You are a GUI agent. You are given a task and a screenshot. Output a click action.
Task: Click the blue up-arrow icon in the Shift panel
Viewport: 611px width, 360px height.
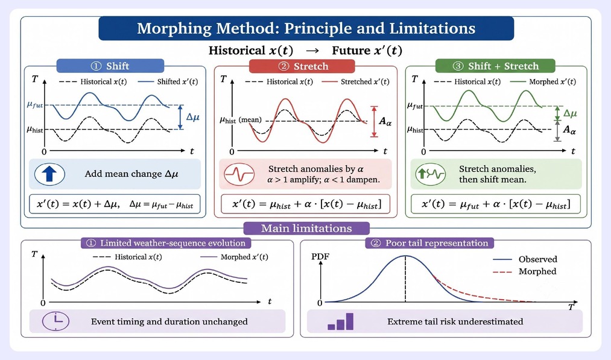click(49, 174)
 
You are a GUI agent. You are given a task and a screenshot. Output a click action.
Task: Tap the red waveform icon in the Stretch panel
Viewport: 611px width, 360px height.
click(239, 174)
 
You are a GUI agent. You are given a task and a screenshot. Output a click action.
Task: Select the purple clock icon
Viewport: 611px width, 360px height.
click(55, 321)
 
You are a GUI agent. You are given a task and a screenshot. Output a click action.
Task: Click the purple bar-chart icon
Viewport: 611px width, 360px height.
click(341, 321)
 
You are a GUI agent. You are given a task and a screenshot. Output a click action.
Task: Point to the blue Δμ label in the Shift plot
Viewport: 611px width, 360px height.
click(192, 117)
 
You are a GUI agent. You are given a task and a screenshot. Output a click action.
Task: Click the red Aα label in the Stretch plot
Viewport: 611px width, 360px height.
click(385, 121)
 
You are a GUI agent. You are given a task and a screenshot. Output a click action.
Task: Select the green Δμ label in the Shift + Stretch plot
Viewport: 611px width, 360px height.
click(570, 113)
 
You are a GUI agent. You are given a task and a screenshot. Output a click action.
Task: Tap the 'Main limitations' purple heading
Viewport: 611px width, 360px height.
click(306, 229)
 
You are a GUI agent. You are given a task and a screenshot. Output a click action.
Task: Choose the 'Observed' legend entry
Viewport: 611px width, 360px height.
click(525, 259)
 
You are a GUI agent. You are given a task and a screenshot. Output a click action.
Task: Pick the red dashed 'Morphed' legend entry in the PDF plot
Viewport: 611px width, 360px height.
click(525, 271)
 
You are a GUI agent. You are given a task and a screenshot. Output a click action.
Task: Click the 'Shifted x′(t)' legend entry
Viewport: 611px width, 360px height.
click(168, 82)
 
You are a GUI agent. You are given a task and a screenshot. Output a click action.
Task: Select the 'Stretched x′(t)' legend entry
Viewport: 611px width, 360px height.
click(356, 82)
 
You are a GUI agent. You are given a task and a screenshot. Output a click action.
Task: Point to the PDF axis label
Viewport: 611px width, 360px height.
click(320, 256)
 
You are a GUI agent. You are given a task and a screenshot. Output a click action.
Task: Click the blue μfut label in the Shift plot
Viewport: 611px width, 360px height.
click(35, 105)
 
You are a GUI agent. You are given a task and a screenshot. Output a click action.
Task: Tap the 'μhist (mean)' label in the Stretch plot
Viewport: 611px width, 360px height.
click(241, 120)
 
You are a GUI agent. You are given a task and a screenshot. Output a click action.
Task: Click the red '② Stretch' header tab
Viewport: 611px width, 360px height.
click(302, 66)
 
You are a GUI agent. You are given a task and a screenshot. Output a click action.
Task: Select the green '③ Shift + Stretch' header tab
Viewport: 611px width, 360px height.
click(495, 66)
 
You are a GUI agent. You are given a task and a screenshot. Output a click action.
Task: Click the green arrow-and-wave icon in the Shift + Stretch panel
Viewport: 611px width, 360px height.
click(431, 174)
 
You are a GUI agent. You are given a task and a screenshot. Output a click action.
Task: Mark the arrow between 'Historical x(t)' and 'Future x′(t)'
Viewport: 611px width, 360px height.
click(312, 51)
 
